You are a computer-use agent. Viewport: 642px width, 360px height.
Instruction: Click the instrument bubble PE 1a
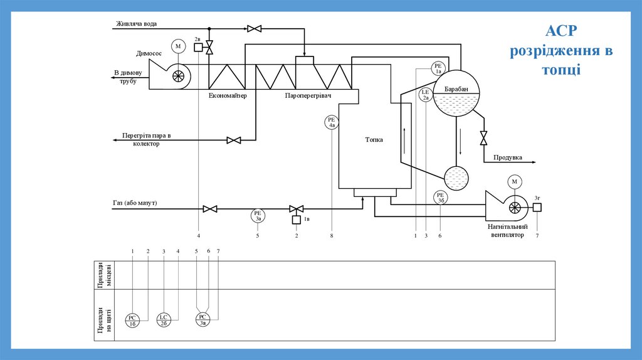(438, 68)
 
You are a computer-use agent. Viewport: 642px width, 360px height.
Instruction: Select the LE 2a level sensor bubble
(426, 95)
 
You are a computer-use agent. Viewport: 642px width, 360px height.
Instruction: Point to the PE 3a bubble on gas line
(258, 216)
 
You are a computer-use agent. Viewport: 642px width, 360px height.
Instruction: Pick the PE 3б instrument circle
(440, 198)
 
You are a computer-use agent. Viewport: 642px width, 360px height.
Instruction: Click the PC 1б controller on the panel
(133, 320)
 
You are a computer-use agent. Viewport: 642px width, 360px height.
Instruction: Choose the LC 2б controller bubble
(163, 320)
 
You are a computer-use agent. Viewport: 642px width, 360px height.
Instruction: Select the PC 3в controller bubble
(203, 320)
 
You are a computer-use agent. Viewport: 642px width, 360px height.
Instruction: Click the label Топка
(374, 140)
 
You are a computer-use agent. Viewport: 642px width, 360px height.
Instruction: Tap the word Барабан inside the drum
(456, 90)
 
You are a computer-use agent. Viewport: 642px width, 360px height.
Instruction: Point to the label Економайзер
(228, 95)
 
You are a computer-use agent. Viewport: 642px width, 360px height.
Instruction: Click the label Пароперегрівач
(308, 95)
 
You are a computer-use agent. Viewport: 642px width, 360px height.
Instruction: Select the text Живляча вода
(136, 24)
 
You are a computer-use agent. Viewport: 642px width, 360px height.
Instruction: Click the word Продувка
(507, 157)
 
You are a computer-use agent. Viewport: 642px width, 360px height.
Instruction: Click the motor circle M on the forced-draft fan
(515, 182)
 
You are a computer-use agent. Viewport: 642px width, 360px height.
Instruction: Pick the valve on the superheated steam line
(234, 140)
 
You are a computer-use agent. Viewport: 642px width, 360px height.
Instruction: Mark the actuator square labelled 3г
(537, 208)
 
